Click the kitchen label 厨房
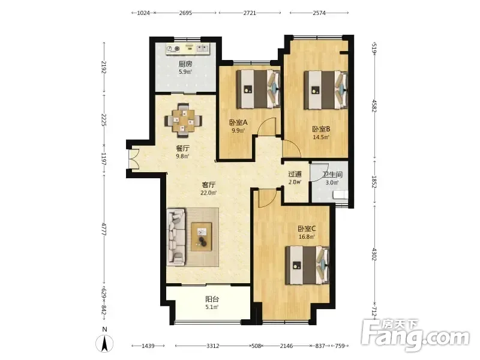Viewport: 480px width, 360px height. coord(185,64)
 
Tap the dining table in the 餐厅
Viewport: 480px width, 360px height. coord(184,121)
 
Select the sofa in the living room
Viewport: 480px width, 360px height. coord(176,236)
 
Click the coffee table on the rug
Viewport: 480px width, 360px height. coord(202,236)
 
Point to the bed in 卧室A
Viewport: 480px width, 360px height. coord(259,89)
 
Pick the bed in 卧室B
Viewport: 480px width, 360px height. coord(326,90)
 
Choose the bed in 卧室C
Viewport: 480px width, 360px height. coord(307,265)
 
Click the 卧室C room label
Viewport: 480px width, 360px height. coord(307,229)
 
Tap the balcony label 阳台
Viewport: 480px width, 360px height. coord(212,299)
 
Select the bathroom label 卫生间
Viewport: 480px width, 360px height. coord(332,175)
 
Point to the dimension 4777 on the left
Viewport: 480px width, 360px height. coord(104,229)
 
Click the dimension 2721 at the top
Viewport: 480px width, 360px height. coord(250,13)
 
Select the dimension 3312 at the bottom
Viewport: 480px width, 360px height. coord(213,346)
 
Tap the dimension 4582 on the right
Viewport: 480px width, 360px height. coord(374,106)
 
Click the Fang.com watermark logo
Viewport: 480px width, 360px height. coord(415,335)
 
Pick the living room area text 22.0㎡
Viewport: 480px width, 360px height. coord(208,193)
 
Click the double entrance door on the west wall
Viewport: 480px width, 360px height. coord(134,158)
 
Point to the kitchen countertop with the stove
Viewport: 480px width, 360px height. coord(188,49)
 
